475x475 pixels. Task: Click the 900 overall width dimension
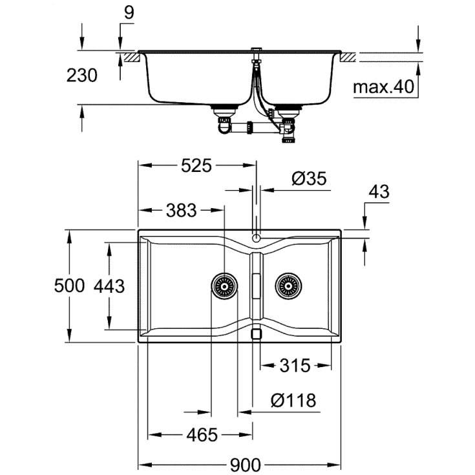pos(244,464)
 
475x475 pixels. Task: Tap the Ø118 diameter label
pos(294,401)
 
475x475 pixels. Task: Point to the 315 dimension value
pos(295,366)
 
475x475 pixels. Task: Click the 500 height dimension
pos(70,285)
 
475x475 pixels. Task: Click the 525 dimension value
pos(196,166)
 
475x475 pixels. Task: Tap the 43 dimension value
pos(379,192)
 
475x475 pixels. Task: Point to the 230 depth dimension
pos(83,76)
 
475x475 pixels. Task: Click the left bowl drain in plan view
pos(224,285)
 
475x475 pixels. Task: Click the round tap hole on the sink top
pos(257,238)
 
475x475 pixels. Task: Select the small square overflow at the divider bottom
pos(256,333)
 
